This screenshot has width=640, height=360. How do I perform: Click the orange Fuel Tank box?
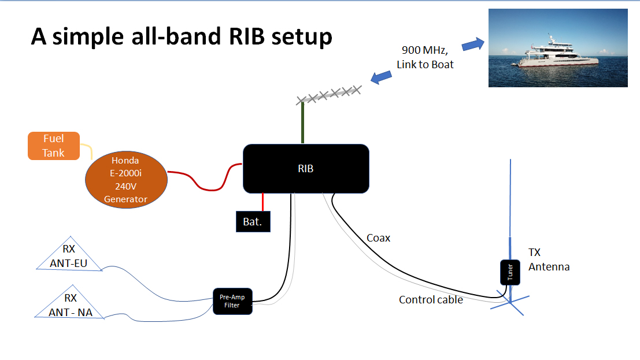[x=53, y=146]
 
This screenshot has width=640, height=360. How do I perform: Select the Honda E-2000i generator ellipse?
[x=126, y=179]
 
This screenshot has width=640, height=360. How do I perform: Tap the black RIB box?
[x=306, y=169]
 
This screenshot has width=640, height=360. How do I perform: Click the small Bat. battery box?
[x=253, y=222]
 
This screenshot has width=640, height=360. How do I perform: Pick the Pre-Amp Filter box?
[x=233, y=301]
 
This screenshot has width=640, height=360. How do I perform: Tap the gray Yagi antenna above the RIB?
[x=330, y=95]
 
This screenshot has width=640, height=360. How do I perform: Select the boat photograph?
[x=558, y=48]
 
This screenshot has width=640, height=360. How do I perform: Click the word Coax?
[x=378, y=238]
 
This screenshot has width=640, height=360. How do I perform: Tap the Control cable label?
[x=431, y=300]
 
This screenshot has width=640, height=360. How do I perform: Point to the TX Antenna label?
[x=549, y=259]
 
